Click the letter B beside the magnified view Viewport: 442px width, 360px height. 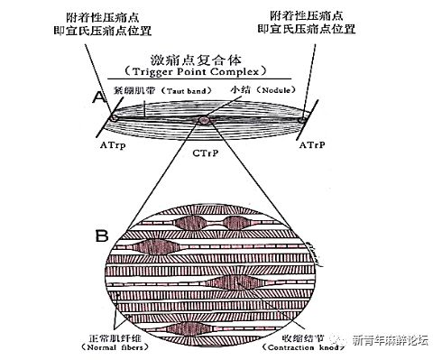[101, 237]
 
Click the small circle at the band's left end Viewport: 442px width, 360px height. [114, 117]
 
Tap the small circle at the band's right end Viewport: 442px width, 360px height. [307, 116]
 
